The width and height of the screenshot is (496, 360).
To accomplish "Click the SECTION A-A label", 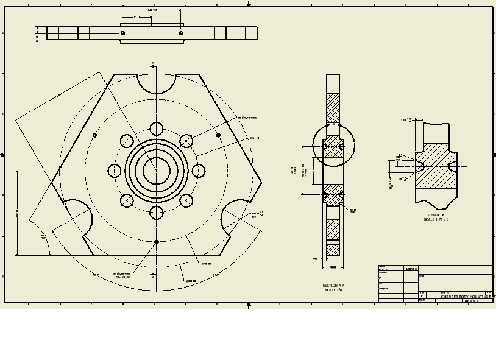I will click(x=333, y=285).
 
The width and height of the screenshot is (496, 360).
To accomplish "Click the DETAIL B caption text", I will click(x=436, y=215).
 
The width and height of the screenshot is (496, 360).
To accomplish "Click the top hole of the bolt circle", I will click(x=157, y=129).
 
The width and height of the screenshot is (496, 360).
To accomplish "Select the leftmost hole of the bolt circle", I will click(x=115, y=171).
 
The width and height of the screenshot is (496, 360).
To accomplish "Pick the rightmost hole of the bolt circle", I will click(x=199, y=171).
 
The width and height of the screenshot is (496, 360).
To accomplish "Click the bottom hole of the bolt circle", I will click(x=157, y=213).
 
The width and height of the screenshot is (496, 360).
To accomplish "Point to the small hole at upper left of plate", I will click(x=94, y=135).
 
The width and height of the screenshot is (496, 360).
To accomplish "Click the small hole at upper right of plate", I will click(x=218, y=135).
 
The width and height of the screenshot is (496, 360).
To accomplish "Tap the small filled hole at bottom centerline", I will click(x=157, y=242).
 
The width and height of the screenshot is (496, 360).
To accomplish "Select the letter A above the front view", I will click(x=153, y=62).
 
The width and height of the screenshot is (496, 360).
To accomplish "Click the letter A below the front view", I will click(x=153, y=277).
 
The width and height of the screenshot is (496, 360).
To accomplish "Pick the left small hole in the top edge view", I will click(x=122, y=33).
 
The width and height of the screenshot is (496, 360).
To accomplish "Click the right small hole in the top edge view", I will click(x=181, y=33).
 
